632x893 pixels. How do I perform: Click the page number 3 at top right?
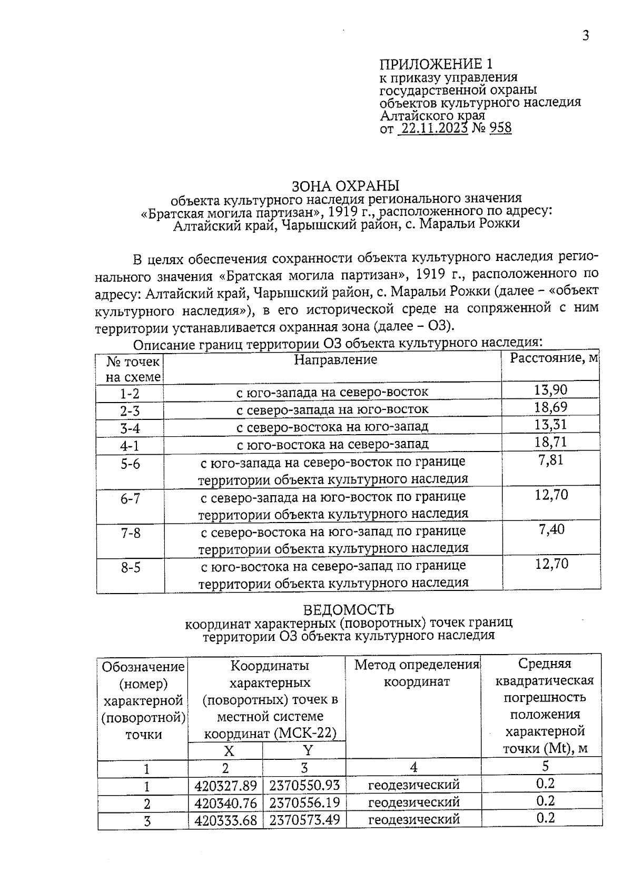585,36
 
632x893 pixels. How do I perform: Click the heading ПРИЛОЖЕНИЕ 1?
436,64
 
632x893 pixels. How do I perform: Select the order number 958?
500,128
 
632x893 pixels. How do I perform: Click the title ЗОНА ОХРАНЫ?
345,186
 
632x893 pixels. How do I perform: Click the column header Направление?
335,360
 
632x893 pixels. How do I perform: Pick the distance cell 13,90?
551,390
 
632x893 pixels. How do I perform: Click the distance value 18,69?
551,407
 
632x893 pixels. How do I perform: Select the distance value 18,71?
551,442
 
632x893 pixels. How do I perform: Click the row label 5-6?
130,464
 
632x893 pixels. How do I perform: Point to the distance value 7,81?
551,460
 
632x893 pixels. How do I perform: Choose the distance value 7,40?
551,529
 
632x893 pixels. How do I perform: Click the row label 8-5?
131,568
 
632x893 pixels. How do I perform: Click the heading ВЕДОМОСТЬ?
349,610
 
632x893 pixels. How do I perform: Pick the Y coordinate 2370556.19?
304,803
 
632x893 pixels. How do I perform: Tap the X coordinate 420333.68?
225,820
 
